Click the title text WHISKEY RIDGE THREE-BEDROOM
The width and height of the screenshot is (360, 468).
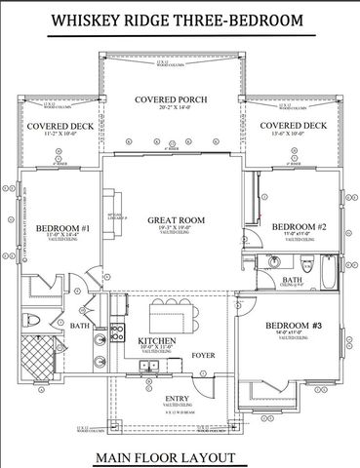(177, 19)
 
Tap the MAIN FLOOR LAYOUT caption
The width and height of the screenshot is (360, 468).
(179, 457)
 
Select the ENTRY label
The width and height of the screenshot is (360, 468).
(177, 399)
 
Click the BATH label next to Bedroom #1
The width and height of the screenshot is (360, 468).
(79, 326)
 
